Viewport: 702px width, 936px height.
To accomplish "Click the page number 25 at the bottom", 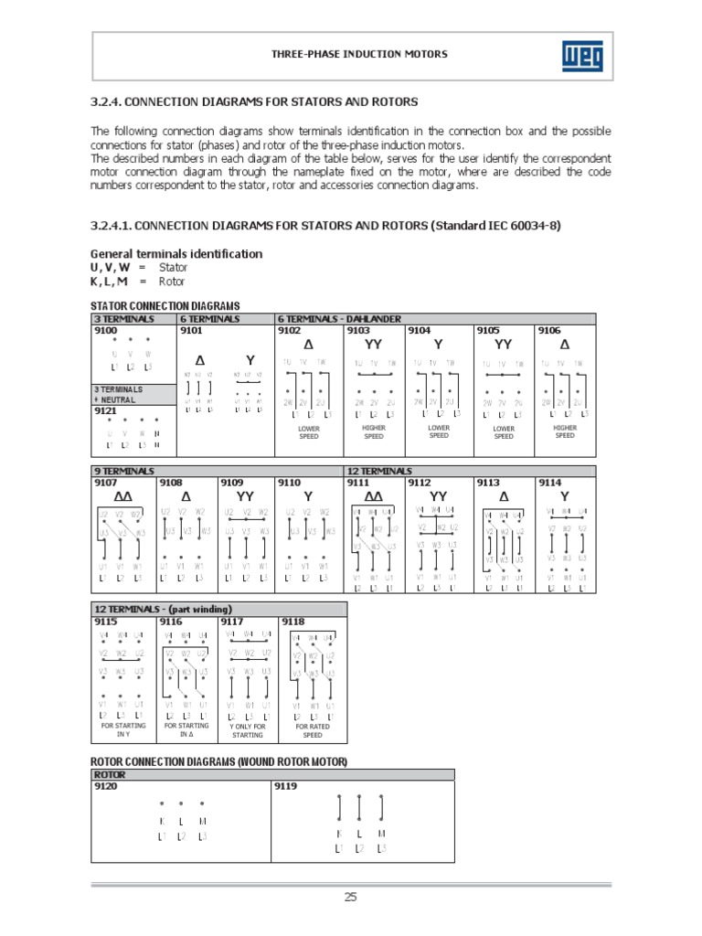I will (x=350, y=897).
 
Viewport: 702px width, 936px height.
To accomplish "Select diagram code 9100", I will (x=105, y=331).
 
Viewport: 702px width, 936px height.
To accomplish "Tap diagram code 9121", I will (x=105, y=411).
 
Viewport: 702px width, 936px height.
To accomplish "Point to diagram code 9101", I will (x=193, y=331).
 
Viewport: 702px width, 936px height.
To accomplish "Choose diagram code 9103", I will (x=357, y=331).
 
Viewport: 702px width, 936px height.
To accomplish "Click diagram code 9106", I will (x=549, y=331).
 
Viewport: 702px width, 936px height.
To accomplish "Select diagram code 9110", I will (x=290, y=482).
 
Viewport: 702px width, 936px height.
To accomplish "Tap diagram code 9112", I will (x=420, y=482).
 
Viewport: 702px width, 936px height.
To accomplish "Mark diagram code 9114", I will (x=549, y=482).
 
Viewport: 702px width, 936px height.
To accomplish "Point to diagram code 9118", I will (x=293, y=621).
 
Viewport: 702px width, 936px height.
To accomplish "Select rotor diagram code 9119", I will (x=286, y=785).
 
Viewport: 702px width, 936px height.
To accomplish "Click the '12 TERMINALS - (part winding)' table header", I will (x=164, y=609).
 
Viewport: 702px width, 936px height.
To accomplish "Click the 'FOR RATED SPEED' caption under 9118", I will (x=313, y=730).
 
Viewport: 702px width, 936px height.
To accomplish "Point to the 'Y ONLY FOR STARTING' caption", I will (x=247, y=730).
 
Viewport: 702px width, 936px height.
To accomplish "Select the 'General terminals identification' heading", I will (x=176, y=253).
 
